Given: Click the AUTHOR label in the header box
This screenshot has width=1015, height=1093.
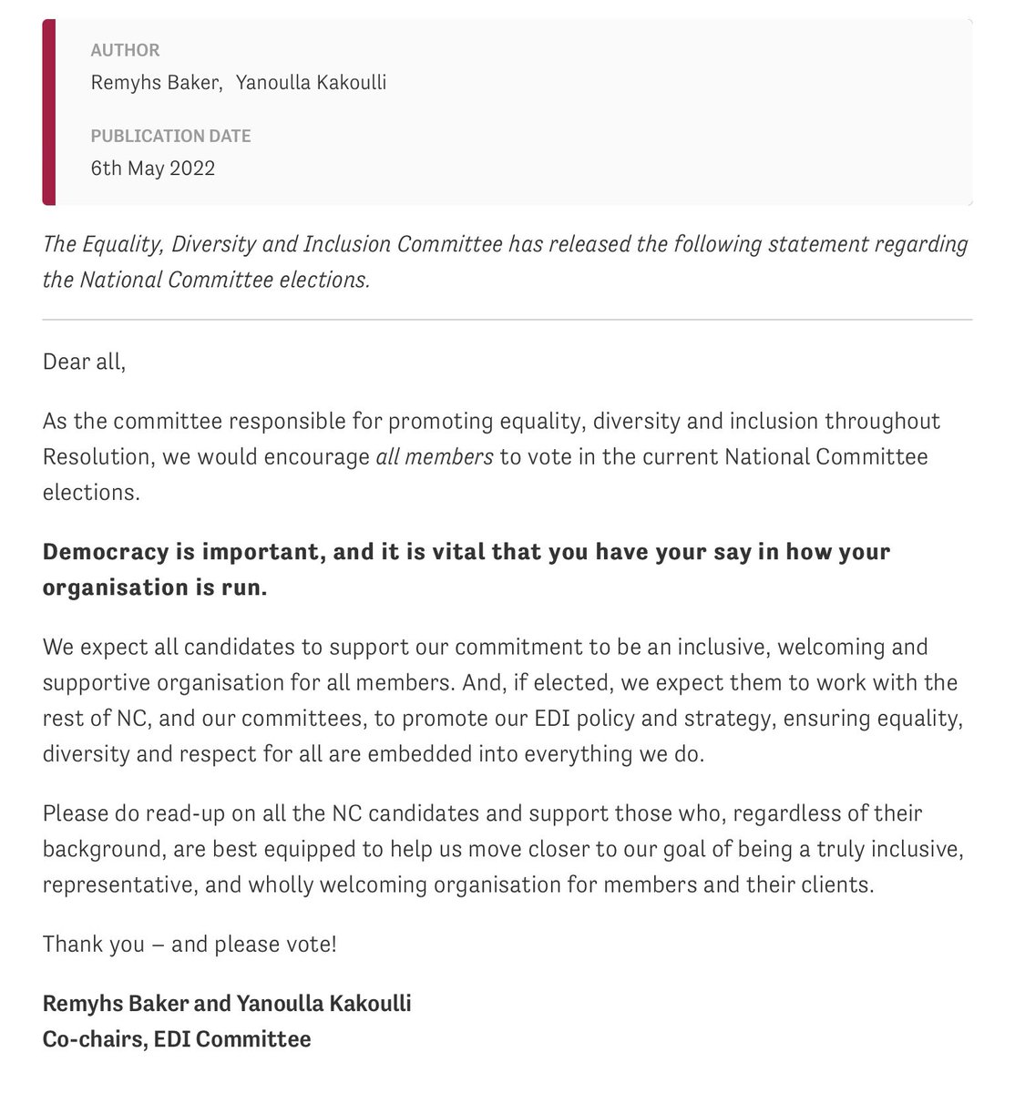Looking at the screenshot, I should pyautogui.click(x=125, y=50).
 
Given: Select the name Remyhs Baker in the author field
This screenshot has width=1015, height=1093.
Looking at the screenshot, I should pyautogui.click(x=156, y=83).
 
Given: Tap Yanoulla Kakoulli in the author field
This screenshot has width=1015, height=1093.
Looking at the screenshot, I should pyautogui.click(x=311, y=83).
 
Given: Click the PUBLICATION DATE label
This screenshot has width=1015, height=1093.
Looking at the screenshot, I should pyautogui.click(x=170, y=136).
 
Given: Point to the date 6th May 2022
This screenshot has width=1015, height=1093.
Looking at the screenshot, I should pyautogui.click(x=153, y=169).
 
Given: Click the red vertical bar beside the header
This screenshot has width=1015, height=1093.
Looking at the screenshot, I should pyautogui.click(x=49, y=112).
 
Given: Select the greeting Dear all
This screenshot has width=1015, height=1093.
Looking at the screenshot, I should pyautogui.click(x=84, y=362).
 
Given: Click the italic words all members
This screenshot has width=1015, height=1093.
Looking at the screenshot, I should pyautogui.click(x=434, y=456).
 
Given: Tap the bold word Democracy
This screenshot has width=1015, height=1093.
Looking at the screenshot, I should pyautogui.click(x=106, y=552).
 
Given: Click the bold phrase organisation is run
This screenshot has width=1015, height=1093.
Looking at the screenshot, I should pyautogui.click(x=155, y=587).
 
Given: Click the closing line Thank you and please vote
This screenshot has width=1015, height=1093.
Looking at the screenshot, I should pyautogui.click(x=190, y=944).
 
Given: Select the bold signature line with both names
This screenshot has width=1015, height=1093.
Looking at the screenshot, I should pyautogui.click(x=227, y=1004).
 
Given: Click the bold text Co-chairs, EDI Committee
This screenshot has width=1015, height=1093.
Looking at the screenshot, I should pyautogui.click(x=177, y=1038).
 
